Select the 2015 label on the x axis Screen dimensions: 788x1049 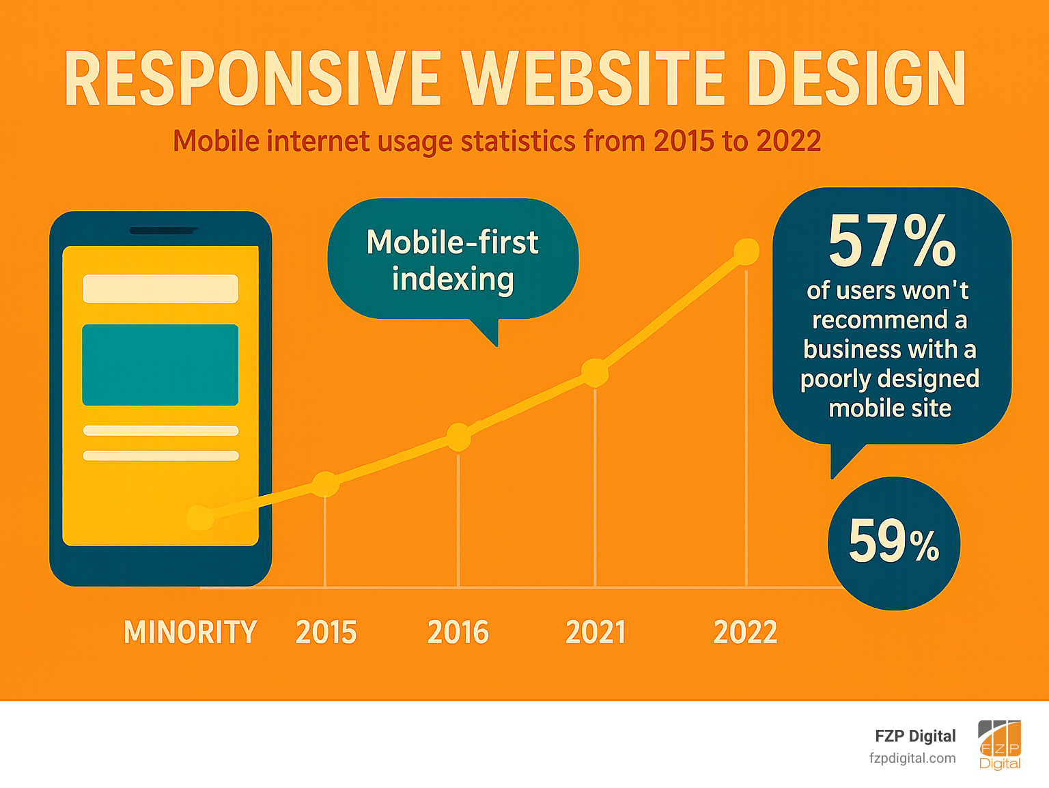(x=326, y=632)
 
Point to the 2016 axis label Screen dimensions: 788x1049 (x=458, y=632)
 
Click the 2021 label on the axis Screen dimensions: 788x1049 (x=596, y=632)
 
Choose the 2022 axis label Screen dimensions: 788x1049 (x=745, y=632)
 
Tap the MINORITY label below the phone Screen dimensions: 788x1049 (x=190, y=632)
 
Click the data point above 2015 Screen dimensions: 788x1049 (x=325, y=484)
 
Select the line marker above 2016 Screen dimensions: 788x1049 (x=458, y=437)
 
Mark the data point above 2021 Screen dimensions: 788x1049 (x=595, y=372)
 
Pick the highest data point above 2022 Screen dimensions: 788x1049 (x=746, y=252)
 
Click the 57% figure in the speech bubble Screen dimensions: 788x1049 (x=891, y=242)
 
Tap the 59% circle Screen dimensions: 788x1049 (x=894, y=543)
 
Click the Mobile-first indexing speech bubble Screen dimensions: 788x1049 (x=453, y=260)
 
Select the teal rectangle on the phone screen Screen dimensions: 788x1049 (x=160, y=365)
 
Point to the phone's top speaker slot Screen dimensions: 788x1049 (x=163, y=231)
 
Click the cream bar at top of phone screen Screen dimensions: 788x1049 (x=160, y=288)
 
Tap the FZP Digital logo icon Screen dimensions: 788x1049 (x=1000, y=745)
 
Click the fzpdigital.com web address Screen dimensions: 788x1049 (x=912, y=758)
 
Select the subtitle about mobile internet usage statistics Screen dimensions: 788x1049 (x=496, y=141)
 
